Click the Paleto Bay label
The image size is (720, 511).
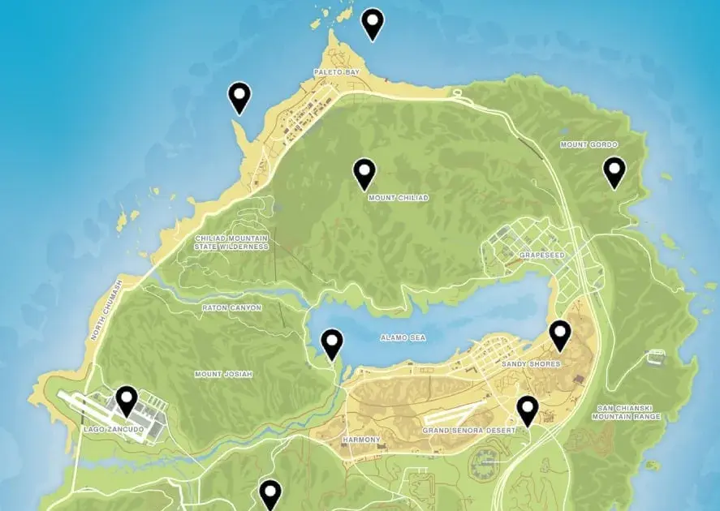[x=336, y=72]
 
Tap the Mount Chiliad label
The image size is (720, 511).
[x=398, y=197]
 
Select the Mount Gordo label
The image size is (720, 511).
[x=583, y=144]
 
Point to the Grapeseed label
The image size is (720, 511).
[x=541, y=255]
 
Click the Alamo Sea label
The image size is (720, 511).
[x=404, y=337]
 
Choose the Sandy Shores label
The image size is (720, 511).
[x=531, y=364]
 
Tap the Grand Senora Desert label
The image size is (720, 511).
[x=468, y=430]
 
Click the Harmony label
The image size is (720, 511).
[x=361, y=440]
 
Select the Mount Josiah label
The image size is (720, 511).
[x=223, y=374]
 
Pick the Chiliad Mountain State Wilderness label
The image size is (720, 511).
[x=231, y=242]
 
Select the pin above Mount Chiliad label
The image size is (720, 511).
[x=365, y=173]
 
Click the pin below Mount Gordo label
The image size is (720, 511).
[x=614, y=172]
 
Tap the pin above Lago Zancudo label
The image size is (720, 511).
[x=126, y=401]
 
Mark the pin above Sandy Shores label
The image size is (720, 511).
[x=559, y=334]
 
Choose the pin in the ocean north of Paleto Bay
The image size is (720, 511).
[x=373, y=24]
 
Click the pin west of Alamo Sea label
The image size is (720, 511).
[x=332, y=344]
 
